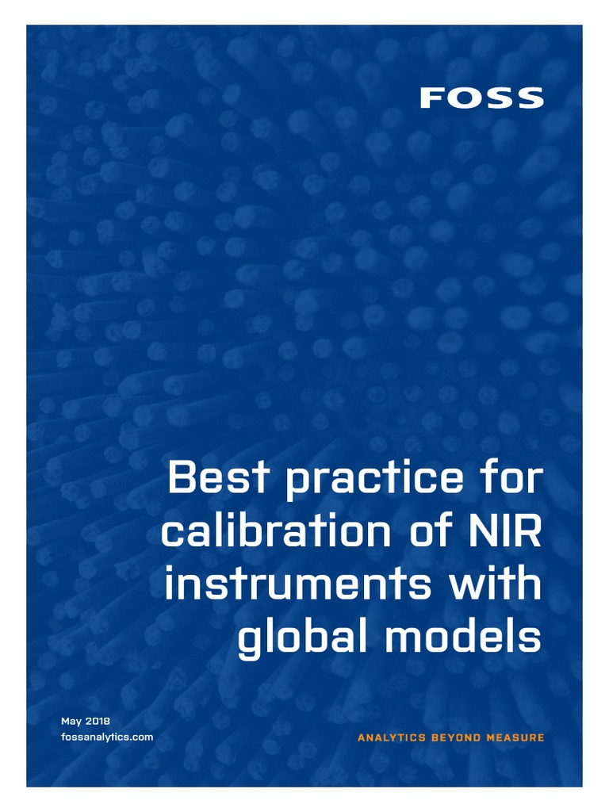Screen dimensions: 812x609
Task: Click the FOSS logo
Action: coord(481,98)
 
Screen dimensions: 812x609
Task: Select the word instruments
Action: coord(298,586)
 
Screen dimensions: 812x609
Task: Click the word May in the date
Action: coord(72,722)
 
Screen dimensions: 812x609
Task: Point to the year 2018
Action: coord(98,722)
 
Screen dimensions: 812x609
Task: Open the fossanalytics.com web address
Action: coord(107,737)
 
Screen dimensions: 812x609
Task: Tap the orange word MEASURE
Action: coord(516,738)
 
